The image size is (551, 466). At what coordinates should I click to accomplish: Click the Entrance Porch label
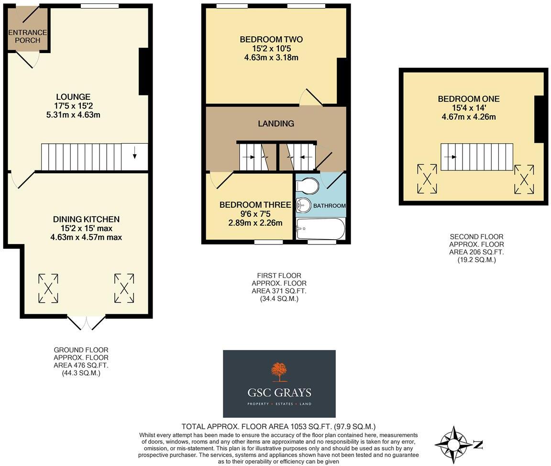click(27, 36)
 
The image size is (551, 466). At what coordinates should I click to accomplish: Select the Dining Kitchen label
click(86, 219)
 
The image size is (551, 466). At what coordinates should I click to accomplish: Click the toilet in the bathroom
click(308, 186)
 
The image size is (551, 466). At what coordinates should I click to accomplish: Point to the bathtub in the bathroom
click(320, 229)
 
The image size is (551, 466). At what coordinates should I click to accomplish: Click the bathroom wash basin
click(303, 204)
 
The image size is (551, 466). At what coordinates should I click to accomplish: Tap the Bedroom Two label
click(271, 39)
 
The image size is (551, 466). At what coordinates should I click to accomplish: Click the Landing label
click(276, 123)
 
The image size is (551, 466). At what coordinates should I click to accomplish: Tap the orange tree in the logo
click(279, 371)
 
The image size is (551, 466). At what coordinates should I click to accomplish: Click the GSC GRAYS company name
click(279, 392)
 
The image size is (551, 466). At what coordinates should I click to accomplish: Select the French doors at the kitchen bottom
click(87, 323)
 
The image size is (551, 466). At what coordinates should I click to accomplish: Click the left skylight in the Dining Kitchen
click(48, 288)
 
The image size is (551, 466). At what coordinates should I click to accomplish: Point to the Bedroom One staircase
click(476, 157)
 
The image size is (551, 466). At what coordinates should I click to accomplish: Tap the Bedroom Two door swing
click(311, 97)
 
